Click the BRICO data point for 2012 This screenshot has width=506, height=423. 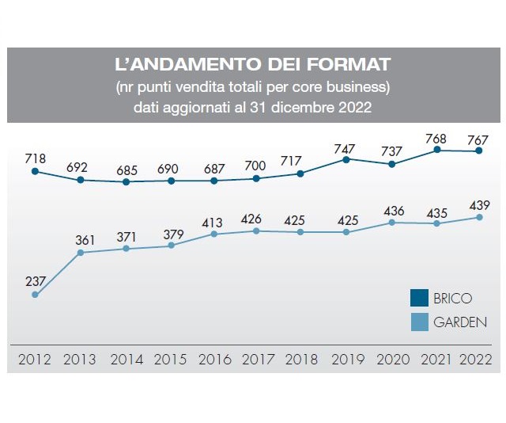pos(35,170)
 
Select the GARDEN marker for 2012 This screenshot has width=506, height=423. pos(35,295)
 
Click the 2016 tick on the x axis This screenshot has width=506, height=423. pos(213,359)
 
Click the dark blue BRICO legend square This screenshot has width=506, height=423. pos(419,299)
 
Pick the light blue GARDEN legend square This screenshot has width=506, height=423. pos(419,322)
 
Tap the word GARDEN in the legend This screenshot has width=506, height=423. pos(460,322)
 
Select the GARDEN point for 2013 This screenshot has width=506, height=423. pos(81,253)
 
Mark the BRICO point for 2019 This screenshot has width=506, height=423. pos(346,159)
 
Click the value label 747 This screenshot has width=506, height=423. pos(346,147)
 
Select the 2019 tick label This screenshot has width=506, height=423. pos(346,359)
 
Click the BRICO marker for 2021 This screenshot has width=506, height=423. pos(437,150)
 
